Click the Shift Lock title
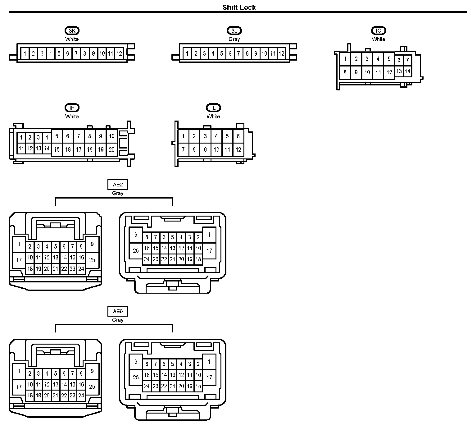[x=239, y=7]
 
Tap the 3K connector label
[x=72, y=30]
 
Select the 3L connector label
[x=234, y=30]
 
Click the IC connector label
[x=378, y=30]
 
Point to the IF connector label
[x=72, y=108]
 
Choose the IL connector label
[x=213, y=108]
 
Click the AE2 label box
[x=118, y=185]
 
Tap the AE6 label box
[x=118, y=311]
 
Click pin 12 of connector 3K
[x=119, y=53]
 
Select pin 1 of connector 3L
[x=187, y=53]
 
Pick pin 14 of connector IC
[x=407, y=71]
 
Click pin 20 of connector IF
[x=111, y=149]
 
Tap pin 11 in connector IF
[x=21, y=149]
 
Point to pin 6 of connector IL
[x=238, y=136]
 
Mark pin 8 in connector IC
[x=345, y=72]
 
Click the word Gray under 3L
[x=234, y=39]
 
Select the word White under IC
[x=378, y=39]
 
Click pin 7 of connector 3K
[x=76, y=53]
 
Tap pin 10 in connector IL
[x=216, y=150]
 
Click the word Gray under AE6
[x=118, y=320]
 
